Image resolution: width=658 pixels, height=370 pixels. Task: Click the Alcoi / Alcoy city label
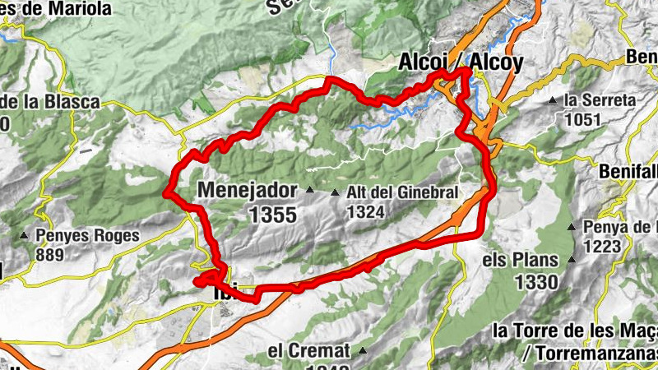[460, 62]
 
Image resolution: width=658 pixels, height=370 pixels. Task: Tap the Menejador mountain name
[247, 191]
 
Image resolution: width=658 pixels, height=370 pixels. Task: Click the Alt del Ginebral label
[401, 192]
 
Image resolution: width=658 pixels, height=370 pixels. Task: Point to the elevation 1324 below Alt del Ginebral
[367, 211]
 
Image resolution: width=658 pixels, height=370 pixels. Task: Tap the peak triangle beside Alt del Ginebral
[335, 193]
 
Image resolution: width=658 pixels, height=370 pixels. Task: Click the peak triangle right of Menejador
[310, 191]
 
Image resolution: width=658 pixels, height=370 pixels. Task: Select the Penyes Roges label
[87, 235]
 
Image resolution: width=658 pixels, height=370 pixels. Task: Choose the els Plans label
[521, 260]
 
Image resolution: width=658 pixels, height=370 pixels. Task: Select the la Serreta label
[600, 100]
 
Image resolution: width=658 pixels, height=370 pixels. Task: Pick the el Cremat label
[309, 350]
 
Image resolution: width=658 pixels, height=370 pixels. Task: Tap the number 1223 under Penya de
[605, 246]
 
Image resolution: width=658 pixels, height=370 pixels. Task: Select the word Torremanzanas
[595, 351]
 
